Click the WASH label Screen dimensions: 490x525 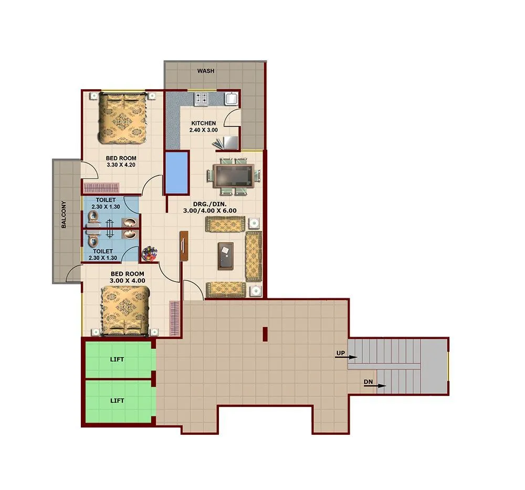[x=205, y=71]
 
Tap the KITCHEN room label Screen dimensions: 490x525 [x=203, y=123]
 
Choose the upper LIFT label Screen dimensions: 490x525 [x=117, y=360]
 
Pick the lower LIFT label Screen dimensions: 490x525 [x=117, y=400]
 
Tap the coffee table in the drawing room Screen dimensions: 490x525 [x=226, y=256]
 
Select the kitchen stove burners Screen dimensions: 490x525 [x=201, y=98]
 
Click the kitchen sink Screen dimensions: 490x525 [x=231, y=98]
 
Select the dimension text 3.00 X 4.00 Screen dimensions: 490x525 [x=128, y=281]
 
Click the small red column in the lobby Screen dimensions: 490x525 [x=265, y=333]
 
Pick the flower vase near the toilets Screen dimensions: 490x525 [x=150, y=254]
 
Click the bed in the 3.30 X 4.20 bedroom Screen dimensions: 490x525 [x=123, y=118]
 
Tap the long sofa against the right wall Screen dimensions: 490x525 [x=254, y=257]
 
